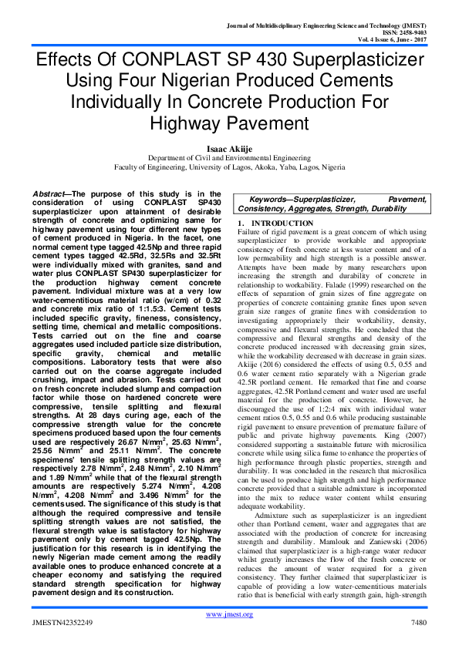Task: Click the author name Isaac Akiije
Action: click(229, 143)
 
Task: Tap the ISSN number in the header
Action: click(401, 32)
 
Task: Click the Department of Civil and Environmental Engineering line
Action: click(229, 155)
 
